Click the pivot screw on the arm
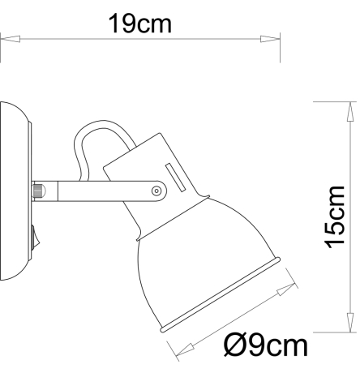[156, 191]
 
